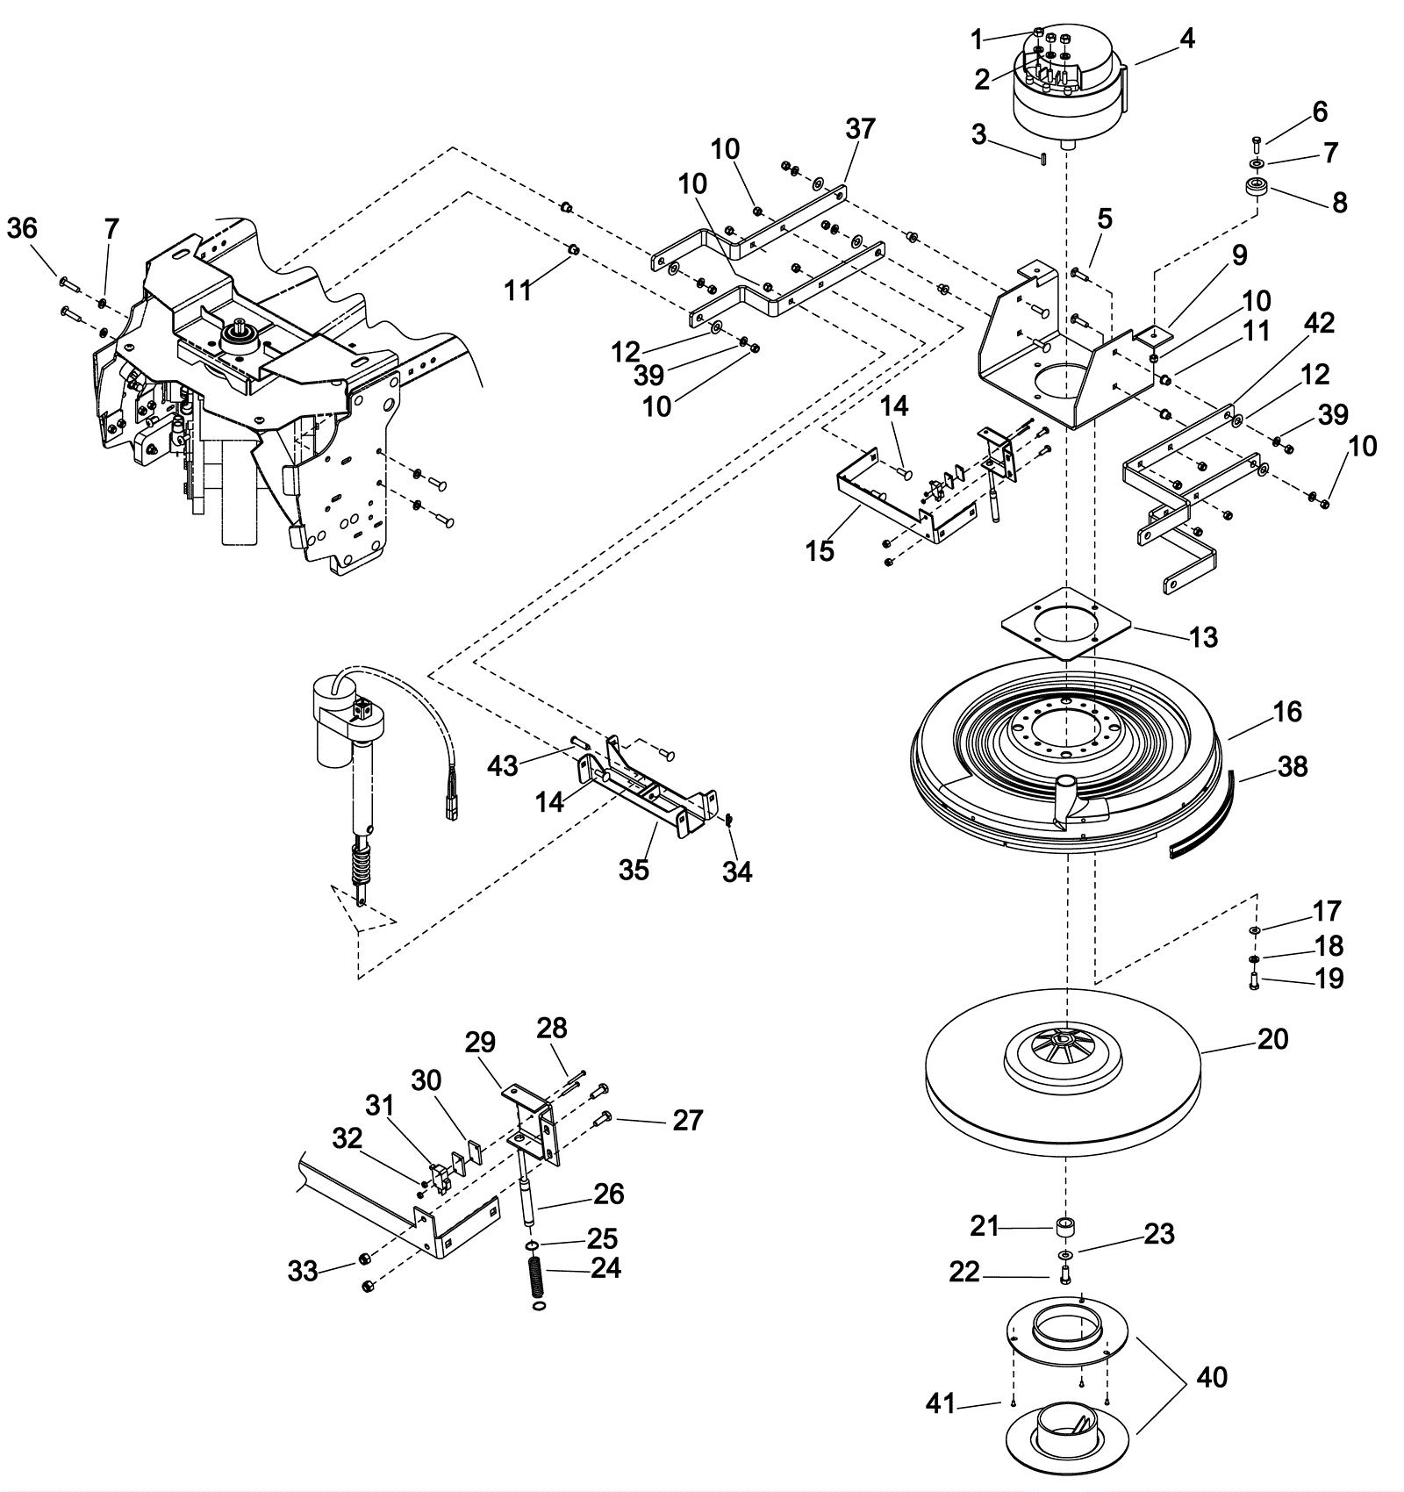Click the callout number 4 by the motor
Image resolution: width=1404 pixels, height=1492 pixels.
(1186, 39)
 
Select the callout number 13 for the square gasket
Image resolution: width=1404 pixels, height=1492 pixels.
(1204, 637)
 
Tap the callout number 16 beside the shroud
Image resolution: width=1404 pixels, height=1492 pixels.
(1287, 711)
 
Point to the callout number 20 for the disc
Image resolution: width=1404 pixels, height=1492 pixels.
(1272, 1039)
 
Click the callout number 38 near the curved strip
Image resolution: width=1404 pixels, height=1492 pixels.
(1293, 766)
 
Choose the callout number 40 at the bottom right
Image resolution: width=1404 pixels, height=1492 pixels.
(1212, 1377)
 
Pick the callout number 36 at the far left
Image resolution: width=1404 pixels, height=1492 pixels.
(22, 228)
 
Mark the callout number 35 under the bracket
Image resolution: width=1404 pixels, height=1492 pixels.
(634, 869)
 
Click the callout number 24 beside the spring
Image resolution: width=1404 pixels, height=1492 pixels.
(605, 1268)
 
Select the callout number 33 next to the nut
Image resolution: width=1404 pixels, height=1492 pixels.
(303, 1271)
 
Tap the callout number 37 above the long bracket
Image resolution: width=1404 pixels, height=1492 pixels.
(860, 129)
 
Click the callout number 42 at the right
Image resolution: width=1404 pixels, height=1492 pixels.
(1318, 323)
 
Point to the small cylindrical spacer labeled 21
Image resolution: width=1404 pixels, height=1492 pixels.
(1066, 1226)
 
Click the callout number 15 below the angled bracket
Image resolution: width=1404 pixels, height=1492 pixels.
(820, 551)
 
